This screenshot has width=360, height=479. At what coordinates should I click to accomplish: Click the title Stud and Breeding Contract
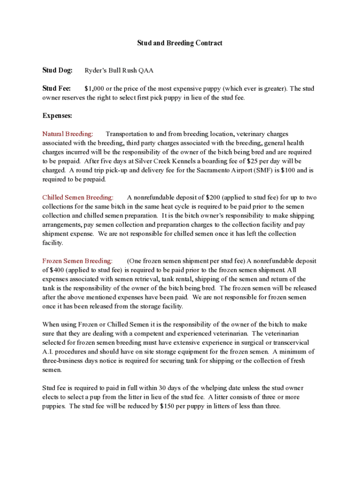(180, 43)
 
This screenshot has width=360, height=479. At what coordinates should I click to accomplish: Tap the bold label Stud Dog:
(58, 71)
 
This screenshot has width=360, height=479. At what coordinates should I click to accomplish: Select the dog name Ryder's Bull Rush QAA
(119, 71)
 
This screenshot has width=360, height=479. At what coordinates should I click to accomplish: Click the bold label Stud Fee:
(57, 88)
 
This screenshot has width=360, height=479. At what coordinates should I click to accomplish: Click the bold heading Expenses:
(57, 116)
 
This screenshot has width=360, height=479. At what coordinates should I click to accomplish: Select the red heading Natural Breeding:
(67, 134)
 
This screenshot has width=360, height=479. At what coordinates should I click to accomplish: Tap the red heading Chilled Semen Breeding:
(78, 198)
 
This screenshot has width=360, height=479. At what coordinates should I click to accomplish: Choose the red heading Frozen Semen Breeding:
(77, 261)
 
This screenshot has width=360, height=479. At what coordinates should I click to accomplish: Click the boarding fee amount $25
(252, 161)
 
